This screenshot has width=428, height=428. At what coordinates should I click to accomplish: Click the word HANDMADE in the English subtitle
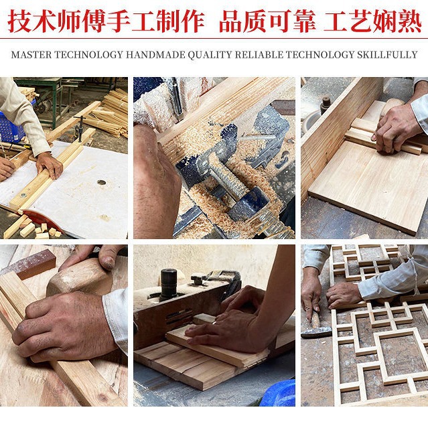click(x=155, y=55)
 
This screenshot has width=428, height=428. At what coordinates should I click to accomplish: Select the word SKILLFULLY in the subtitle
click(x=387, y=55)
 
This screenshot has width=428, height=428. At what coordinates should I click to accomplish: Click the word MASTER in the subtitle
click(x=31, y=55)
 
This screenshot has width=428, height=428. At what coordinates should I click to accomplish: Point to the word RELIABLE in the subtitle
click(x=259, y=55)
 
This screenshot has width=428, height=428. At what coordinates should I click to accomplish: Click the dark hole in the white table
click(x=101, y=182)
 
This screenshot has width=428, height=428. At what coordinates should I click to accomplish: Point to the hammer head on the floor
click(x=317, y=332)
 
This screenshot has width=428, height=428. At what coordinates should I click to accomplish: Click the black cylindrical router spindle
click(x=169, y=284)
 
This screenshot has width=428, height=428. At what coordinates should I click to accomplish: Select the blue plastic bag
click(x=278, y=393)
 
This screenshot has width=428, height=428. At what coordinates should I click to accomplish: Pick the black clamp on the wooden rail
click(x=80, y=129)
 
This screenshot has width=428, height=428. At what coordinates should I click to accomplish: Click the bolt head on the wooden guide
click(x=23, y=195)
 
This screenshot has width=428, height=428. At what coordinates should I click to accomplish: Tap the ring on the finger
click(x=214, y=323)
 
